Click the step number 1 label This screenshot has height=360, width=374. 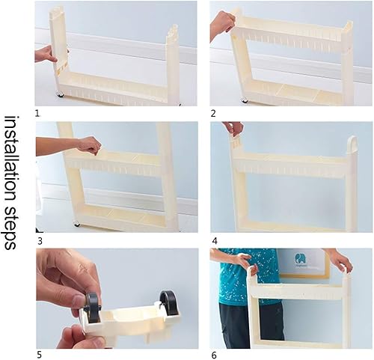point(37,114)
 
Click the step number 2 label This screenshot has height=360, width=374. point(213,114)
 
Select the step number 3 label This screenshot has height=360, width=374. point(40,241)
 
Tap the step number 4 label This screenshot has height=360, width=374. point(215,241)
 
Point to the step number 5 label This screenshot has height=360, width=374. point(39,355)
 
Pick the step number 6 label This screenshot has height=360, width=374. point(214,355)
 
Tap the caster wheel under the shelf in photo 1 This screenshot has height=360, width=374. point(60,94)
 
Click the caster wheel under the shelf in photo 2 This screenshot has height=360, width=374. point(245,100)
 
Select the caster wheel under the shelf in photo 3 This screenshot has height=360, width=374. point(77,224)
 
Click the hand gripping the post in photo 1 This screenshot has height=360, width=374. point(46,54)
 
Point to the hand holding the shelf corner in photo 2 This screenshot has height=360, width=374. point(222,24)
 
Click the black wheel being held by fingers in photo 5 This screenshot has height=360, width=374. point(92,308)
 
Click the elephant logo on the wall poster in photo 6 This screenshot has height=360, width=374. point(300,259)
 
